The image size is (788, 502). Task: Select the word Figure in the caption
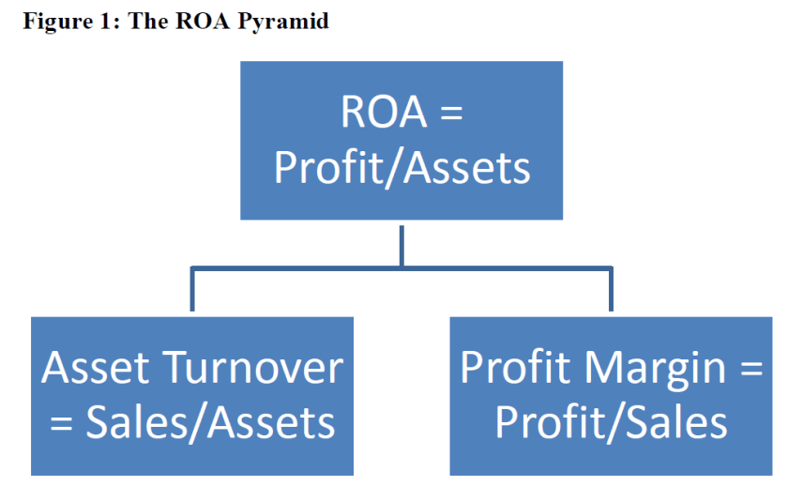tap(53, 21)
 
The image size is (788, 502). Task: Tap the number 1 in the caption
tap(104, 21)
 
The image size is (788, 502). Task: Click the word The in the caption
tap(146, 21)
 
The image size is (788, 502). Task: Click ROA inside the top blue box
tap(380, 114)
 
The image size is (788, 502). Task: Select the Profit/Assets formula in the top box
tap(402, 168)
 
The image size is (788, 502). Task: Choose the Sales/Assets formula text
tap(210, 423)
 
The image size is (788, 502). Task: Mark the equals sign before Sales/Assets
tap(62, 424)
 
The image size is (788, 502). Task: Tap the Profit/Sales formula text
tap(611, 423)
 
